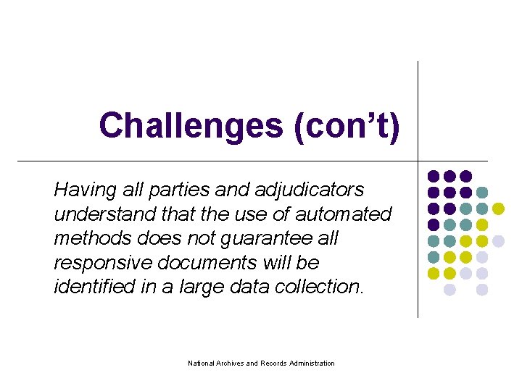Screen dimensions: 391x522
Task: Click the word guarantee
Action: coord(265,239)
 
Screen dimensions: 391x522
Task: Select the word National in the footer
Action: coord(201,363)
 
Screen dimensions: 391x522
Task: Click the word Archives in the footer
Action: coord(230,363)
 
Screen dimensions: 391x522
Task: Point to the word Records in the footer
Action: coord(274,363)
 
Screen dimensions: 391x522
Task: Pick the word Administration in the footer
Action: coord(312,363)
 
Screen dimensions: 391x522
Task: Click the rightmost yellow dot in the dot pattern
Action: coord(498,209)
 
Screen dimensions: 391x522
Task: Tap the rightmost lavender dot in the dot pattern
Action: coord(498,240)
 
